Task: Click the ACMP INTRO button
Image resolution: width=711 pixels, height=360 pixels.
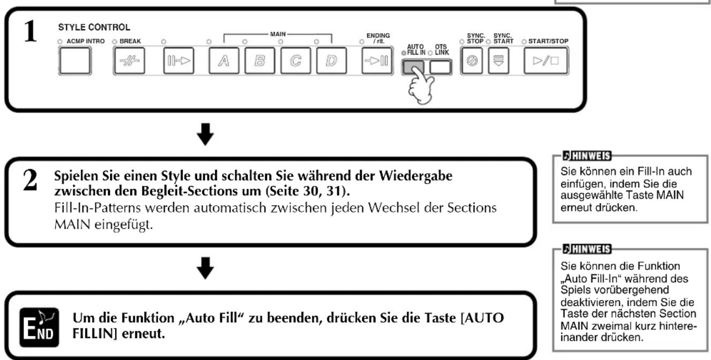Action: click(75, 60)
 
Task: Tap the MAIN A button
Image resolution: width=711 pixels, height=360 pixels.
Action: click(224, 60)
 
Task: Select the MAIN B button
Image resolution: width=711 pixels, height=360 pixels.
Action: click(259, 60)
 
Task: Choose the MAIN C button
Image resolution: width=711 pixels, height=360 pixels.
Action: click(295, 60)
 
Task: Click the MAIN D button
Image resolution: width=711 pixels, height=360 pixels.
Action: click(331, 60)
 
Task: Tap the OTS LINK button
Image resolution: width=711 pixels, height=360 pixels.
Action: click(440, 67)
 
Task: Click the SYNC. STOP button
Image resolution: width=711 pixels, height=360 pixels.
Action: click(472, 60)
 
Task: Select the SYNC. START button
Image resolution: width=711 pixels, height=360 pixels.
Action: click(498, 60)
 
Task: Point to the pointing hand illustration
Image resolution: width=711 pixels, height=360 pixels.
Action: click(421, 86)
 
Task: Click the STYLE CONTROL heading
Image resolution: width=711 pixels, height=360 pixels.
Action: click(94, 27)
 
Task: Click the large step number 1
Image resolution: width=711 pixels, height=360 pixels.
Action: click(30, 31)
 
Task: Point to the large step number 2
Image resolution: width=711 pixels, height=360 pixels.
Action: click(30, 180)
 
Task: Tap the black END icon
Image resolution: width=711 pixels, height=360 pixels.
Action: click(39, 327)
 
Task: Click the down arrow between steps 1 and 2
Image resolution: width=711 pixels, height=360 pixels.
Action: click(205, 134)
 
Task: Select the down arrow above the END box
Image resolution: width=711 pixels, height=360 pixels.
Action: click(205, 268)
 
